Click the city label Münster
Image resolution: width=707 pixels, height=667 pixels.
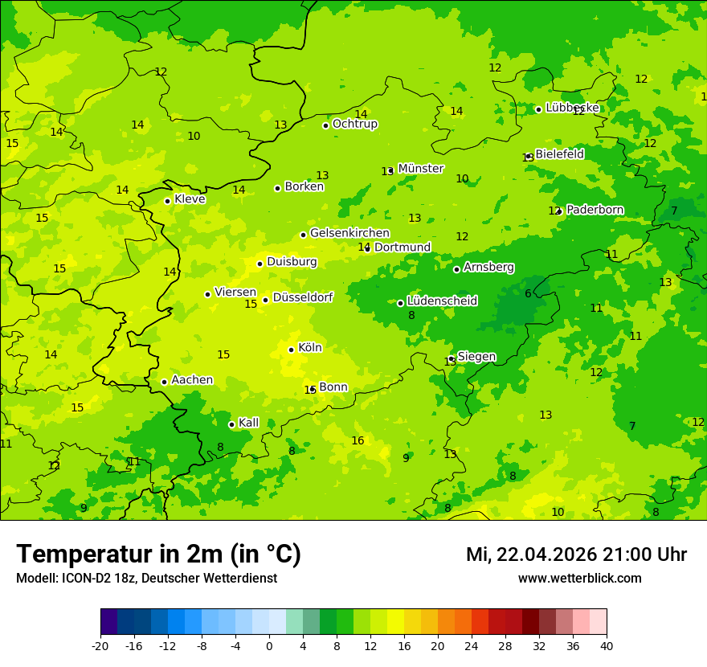pyautogui.click(x=420, y=169)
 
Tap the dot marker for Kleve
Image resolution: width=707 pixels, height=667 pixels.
pyautogui.click(x=167, y=201)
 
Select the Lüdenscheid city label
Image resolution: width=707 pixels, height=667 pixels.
pyautogui.click(x=442, y=301)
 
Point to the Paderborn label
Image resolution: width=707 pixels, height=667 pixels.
pyautogui.click(x=595, y=210)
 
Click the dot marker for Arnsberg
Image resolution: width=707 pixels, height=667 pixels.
pyautogui.click(x=456, y=269)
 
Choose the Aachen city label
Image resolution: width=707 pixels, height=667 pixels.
pyautogui.click(x=192, y=380)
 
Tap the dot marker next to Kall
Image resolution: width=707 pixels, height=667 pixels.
pyautogui.click(x=231, y=424)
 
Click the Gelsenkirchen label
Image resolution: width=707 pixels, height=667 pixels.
pyautogui.click(x=349, y=233)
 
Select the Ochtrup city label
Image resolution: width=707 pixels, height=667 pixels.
pyautogui.click(x=354, y=125)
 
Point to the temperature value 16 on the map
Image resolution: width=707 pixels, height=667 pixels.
pyautogui.click(x=358, y=440)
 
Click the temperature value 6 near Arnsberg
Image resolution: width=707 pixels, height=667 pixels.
pyautogui.click(x=528, y=293)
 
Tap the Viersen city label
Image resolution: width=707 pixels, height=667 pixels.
pyautogui.click(x=235, y=293)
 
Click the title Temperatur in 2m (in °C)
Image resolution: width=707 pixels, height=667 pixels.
pyautogui.click(x=158, y=554)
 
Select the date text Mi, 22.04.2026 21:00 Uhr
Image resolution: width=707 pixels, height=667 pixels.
pyautogui.click(x=575, y=554)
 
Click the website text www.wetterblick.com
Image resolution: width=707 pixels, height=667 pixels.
pyautogui.click(x=579, y=579)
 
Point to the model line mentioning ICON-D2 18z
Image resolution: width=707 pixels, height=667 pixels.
pyautogui.click(x=146, y=579)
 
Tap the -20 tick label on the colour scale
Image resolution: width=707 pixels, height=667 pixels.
pyautogui.click(x=100, y=645)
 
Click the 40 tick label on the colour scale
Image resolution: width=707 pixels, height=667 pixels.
pyautogui.click(x=607, y=645)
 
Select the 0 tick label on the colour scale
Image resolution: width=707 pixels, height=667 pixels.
pyautogui.click(x=269, y=645)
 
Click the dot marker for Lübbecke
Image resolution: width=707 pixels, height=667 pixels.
pyautogui.click(x=538, y=109)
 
